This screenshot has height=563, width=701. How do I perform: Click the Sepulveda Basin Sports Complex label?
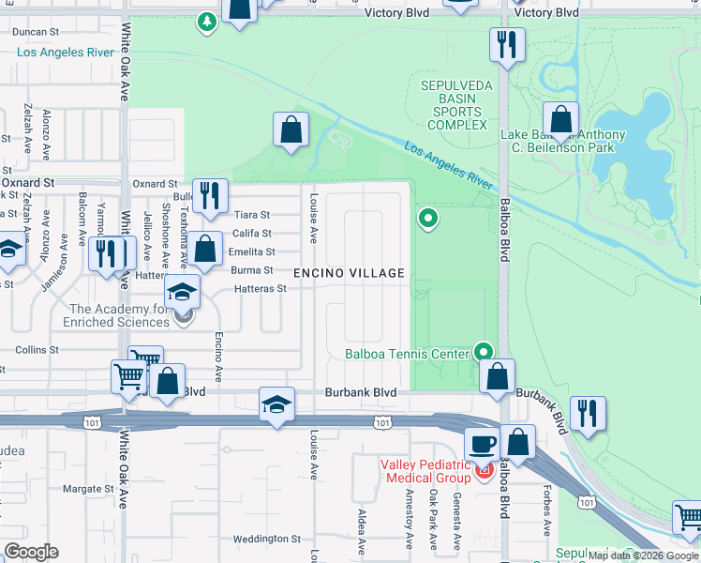(x=454, y=104)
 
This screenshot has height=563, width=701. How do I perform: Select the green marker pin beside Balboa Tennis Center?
(x=484, y=351)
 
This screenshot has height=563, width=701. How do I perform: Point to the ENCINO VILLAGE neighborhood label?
(x=350, y=274)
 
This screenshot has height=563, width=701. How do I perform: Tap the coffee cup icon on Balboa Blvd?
(x=483, y=444)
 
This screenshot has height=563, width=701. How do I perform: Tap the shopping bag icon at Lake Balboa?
(x=560, y=119)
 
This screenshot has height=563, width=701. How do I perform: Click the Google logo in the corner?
(x=31, y=552)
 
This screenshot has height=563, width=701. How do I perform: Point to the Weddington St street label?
(x=266, y=539)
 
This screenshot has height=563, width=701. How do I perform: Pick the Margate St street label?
(x=87, y=489)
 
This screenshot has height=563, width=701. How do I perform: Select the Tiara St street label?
(x=251, y=215)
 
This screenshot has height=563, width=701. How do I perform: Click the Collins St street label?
(x=37, y=349)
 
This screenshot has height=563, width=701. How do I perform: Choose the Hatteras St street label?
(x=260, y=289)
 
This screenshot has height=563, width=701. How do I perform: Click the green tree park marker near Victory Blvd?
(x=205, y=20)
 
